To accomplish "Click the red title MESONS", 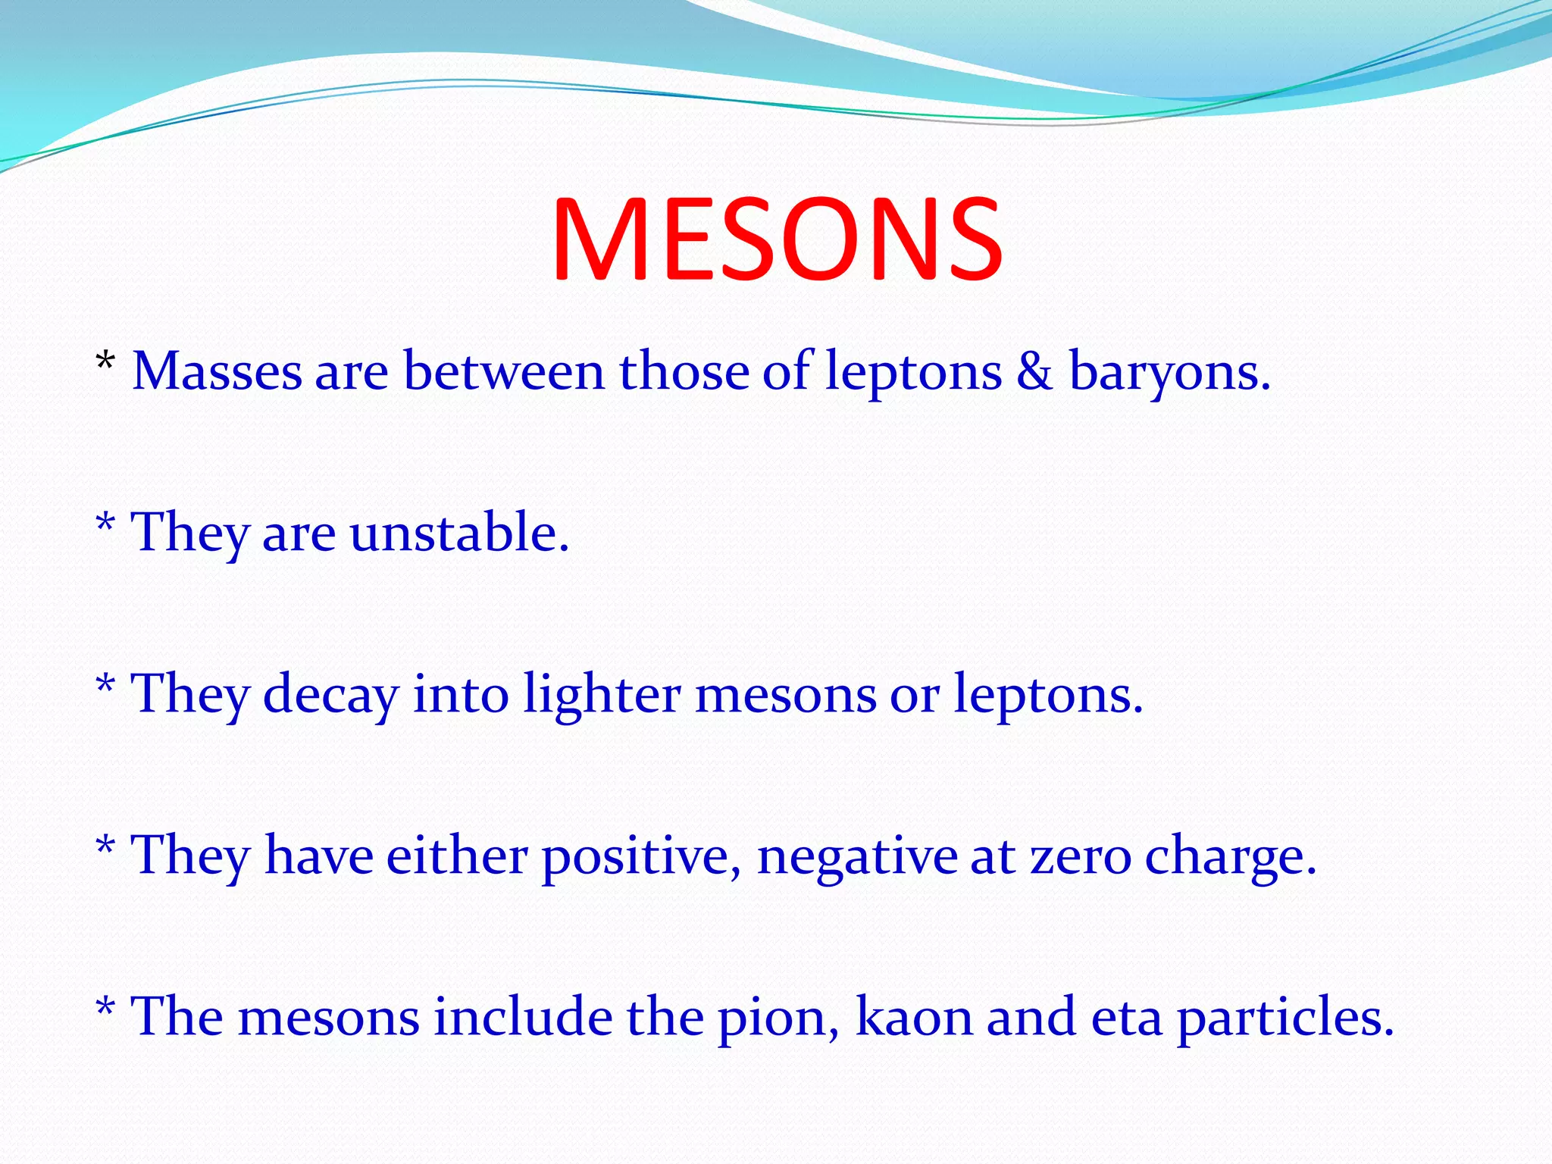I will (777, 239).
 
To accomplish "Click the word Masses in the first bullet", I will (217, 371).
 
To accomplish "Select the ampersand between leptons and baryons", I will (1034, 371).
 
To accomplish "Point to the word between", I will (504, 371).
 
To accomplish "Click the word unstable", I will (458, 532).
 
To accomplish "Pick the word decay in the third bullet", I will (330, 695).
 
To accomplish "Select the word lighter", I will (602, 695).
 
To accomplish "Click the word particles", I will (1285, 1018).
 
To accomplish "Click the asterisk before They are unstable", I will (105, 524).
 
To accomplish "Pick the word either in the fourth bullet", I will (457, 856).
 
